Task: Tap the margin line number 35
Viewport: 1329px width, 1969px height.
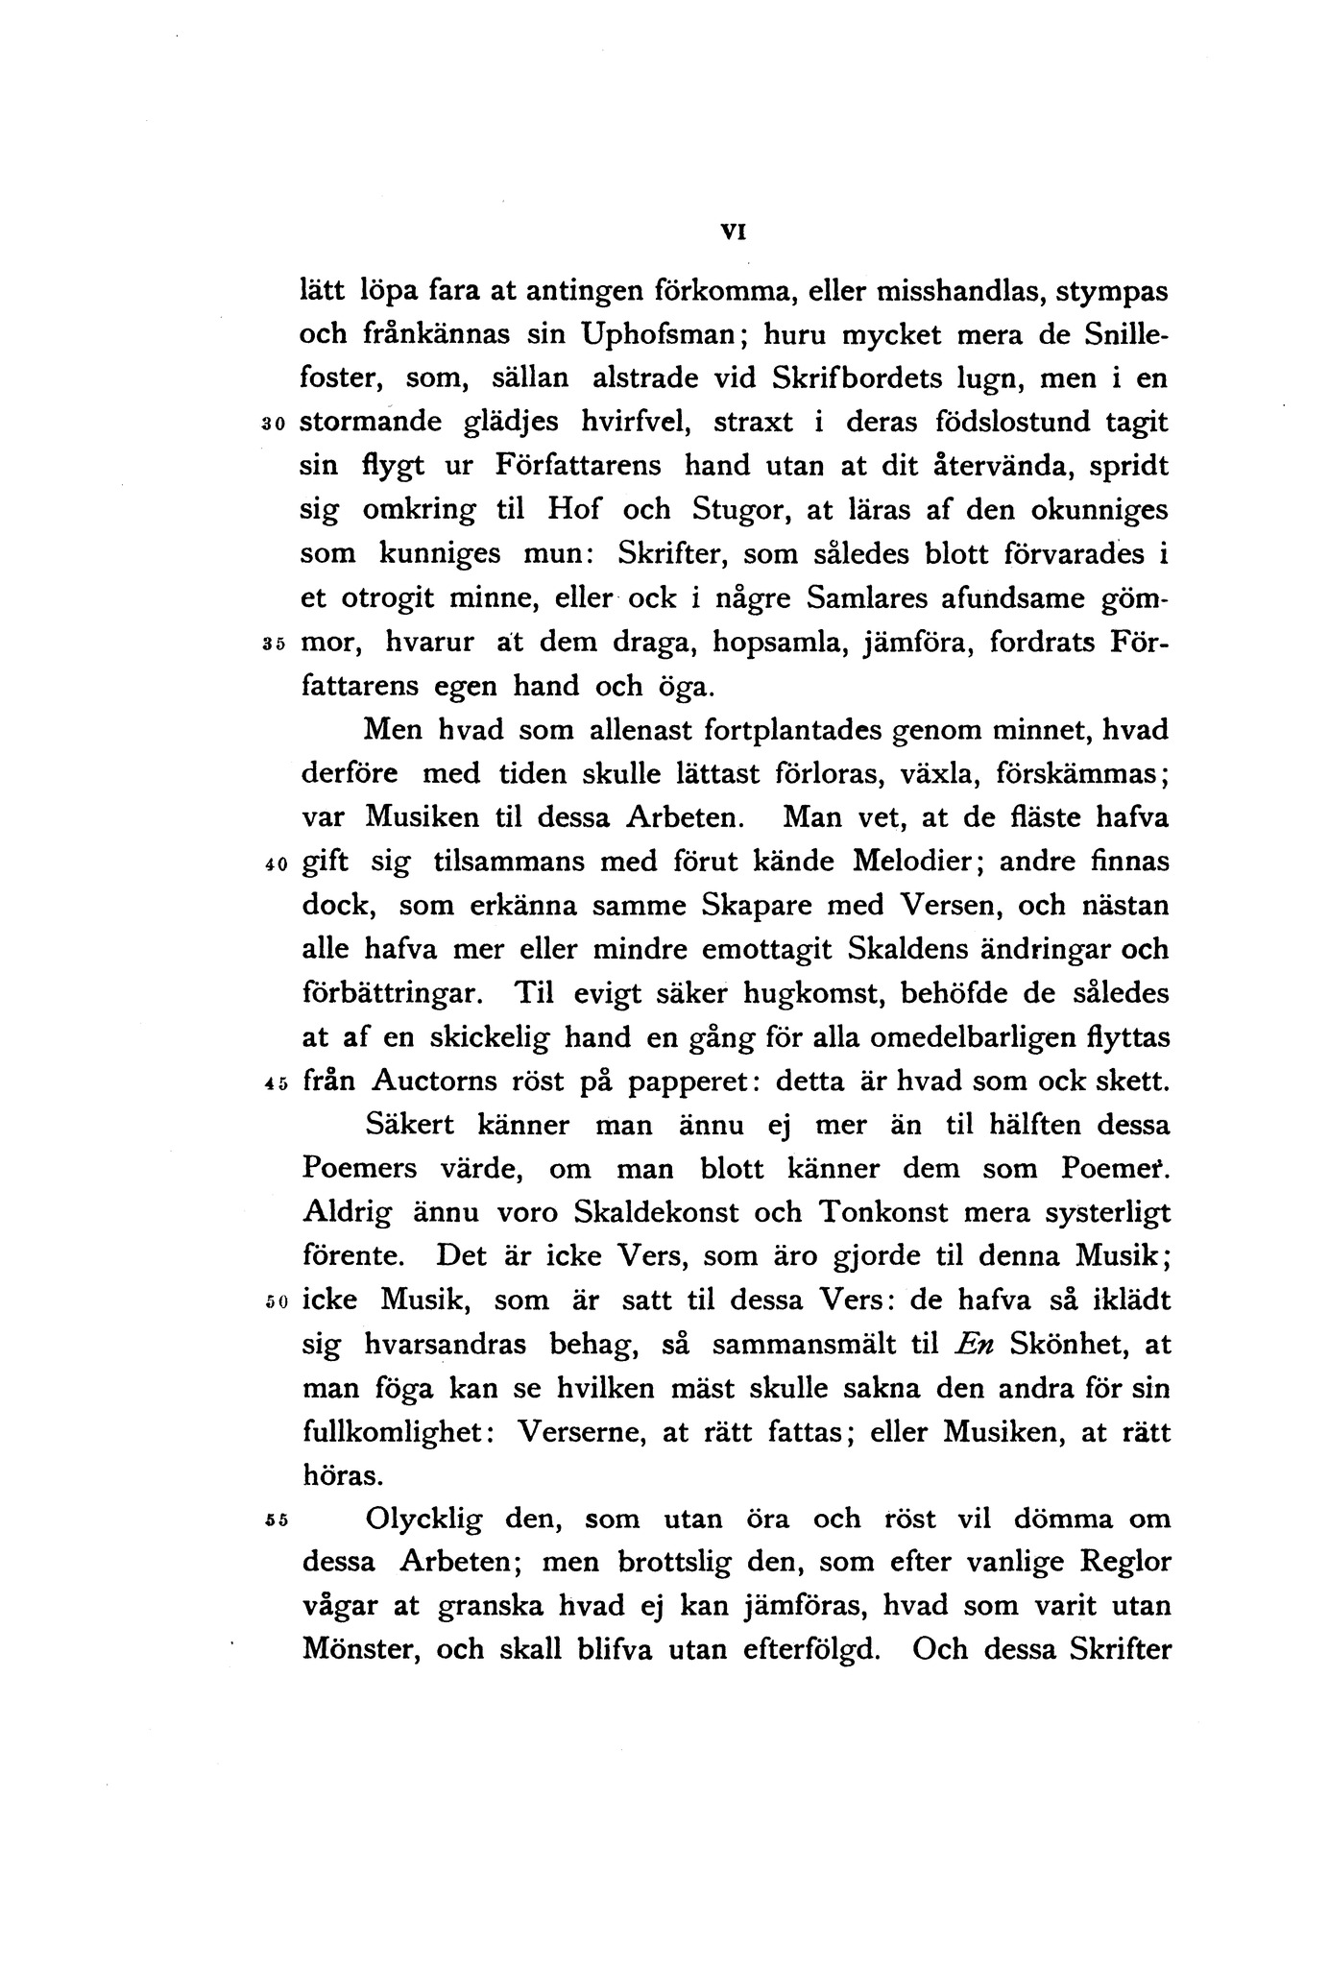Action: coord(274,644)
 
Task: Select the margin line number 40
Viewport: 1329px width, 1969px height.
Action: coord(274,863)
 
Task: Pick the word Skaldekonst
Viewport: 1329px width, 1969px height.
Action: coord(656,1213)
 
